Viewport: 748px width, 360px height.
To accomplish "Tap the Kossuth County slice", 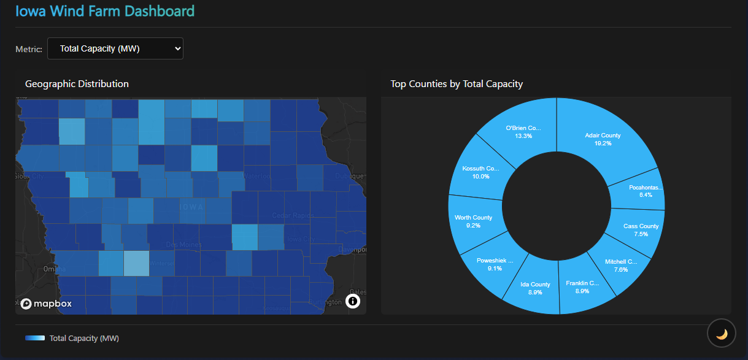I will click(482, 172).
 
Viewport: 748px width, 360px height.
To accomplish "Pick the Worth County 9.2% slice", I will click(474, 221).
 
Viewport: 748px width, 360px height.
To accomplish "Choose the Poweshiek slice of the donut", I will click(495, 264).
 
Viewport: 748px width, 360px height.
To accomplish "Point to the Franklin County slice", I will click(582, 287).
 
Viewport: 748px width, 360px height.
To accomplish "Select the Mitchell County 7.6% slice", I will click(621, 265).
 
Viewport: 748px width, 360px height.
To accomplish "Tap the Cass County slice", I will click(641, 229).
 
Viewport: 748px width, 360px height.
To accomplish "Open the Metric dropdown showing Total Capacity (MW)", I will click(115, 49).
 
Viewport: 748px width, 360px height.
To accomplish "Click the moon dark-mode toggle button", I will click(722, 334).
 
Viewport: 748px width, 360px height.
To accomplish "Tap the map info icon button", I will click(352, 301).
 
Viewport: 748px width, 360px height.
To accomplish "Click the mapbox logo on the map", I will click(46, 304).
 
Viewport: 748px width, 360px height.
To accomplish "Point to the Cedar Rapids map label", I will click(293, 215).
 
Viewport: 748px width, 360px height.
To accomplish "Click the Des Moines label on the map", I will click(183, 244).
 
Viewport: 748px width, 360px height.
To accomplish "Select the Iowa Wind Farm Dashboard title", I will click(105, 10).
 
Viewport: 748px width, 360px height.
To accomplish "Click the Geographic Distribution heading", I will click(77, 84).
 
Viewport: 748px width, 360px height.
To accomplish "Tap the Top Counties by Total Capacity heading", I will click(457, 84).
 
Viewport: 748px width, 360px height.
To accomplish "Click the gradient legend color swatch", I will click(35, 338).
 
